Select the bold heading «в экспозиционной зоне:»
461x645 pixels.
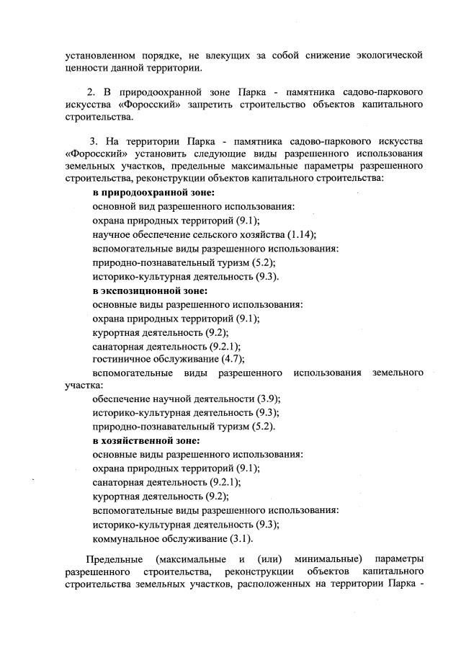(x=150, y=291)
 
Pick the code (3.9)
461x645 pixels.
(x=269, y=399)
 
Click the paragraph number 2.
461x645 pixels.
(x=91, y=93)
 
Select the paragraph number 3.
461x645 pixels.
(x=93, y=138)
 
